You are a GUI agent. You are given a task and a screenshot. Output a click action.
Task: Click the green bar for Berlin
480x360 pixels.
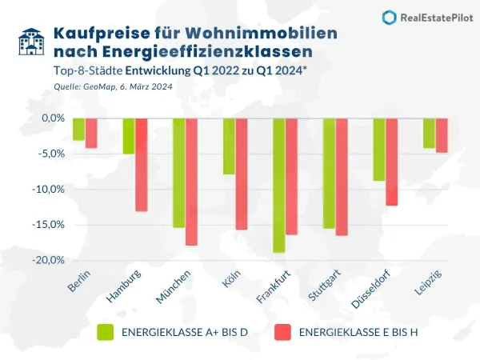[78, 129]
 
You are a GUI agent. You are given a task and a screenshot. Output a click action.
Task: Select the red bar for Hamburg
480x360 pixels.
[142, 164]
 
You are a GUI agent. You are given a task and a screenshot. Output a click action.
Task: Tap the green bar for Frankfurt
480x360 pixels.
[279, 185]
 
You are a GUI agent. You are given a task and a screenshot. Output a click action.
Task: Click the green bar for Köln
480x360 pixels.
[229, 146]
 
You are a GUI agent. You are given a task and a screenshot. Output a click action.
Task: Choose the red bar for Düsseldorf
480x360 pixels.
[392, 162]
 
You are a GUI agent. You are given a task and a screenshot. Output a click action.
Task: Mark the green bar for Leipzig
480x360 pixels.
[429, 133]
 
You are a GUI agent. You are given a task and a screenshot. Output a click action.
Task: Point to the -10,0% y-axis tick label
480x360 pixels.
[50, 189]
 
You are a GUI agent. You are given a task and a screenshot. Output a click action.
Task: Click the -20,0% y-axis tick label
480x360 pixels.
[50, 260]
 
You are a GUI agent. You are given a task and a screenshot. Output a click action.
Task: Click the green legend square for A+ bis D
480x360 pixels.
[106, 331]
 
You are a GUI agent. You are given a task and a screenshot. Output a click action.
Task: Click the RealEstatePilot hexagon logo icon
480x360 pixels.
[389, 18]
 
